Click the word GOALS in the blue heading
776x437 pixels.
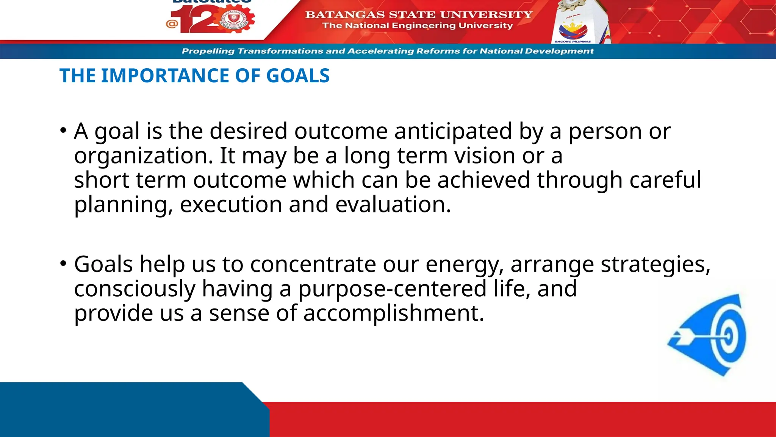pyautogui.click(x=298, y=76)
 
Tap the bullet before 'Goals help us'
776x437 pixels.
pyautogui.click(x=63, y=263)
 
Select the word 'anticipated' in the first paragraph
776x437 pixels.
pyautogui.click(x=453, y=131)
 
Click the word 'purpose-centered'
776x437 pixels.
pyautogui.click(x=392, y=289)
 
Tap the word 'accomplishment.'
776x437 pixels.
pyautogui.click(x=394, y=314)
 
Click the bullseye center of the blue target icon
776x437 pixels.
pyautogui.click(x=727, y=336)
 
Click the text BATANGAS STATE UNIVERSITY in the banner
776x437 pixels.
pyautogui.click(x=419, y=14)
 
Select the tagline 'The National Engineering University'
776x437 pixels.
pyautogui.click(x=417, y=26)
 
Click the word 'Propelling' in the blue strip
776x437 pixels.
pyautogui.click(x=208, y=51)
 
